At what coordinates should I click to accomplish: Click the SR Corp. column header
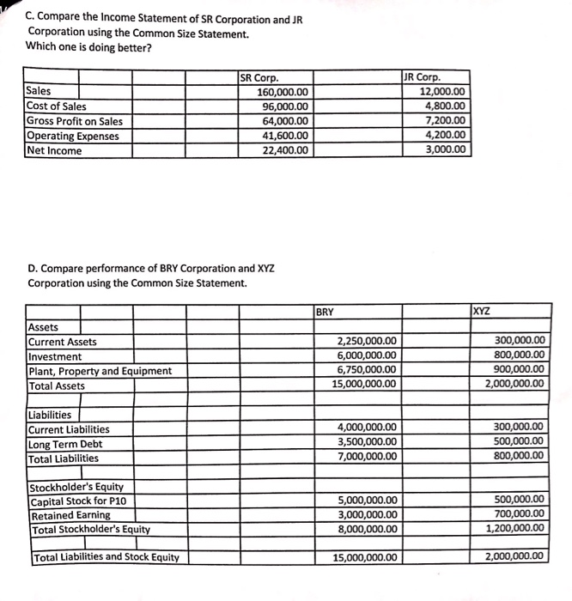259,77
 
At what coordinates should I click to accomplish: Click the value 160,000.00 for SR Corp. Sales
283,92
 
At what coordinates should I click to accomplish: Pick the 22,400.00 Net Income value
287,150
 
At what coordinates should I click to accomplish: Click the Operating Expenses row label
73,136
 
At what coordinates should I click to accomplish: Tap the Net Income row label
55,150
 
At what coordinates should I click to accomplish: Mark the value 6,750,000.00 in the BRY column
367,371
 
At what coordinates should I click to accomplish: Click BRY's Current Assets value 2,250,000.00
367,342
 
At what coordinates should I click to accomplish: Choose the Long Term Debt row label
65,444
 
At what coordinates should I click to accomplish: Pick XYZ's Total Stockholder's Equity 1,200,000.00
514,530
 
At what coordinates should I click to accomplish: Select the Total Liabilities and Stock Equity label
106,557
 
